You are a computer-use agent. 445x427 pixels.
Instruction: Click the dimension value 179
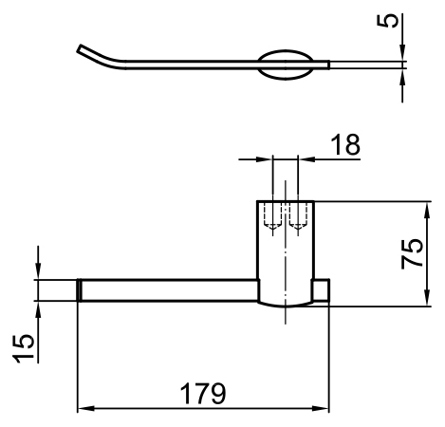pos(203,394)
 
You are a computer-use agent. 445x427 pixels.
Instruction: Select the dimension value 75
pos(412,253)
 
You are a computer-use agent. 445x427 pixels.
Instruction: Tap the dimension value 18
pos(345,144)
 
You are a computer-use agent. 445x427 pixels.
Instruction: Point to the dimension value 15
pos(23,348)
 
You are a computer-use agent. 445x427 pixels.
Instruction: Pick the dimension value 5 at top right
pos(388,21)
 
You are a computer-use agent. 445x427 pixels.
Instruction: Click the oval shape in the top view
pos(286,65)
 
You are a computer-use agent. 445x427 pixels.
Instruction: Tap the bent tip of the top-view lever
pos(81,48)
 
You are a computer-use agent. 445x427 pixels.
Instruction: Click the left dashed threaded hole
pos(272,216)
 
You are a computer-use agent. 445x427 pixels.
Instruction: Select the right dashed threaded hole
pos(298,216)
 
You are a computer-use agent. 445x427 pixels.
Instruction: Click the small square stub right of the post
pos(321,289)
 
